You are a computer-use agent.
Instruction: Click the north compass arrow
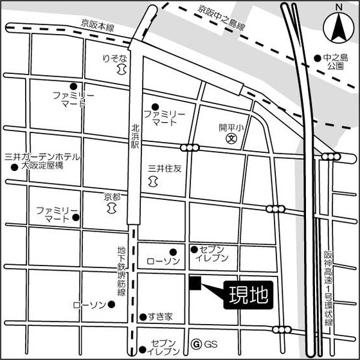pos(339,27)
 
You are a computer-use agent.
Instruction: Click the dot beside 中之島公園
pos(318,58)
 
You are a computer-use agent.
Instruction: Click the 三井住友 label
pos(165,169)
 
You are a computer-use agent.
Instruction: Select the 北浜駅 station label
pos(135,137)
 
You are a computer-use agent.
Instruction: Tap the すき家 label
pos(160,317)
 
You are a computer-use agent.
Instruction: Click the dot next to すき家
pos(143,317)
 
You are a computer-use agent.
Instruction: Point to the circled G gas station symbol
pos(197,344)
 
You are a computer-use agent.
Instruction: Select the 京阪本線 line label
pos(97,24)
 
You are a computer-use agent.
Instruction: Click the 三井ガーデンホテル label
pos(42,156)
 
